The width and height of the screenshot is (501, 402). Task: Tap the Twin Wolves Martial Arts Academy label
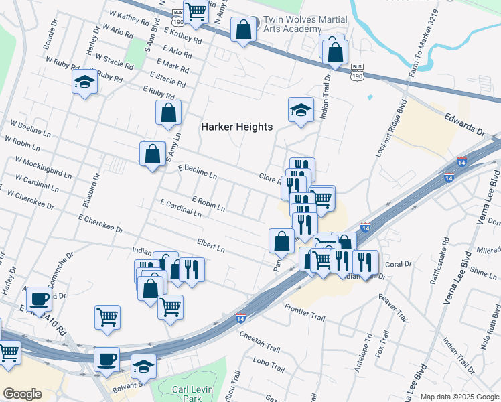[289, 25]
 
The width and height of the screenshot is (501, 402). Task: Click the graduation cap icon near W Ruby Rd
[84, 82]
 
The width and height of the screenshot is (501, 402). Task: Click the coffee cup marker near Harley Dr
[40, 298]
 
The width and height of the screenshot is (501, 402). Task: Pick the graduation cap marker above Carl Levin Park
[144, 366]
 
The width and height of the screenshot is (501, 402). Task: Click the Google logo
[22, 394]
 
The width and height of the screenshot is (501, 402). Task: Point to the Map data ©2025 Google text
[459, 397]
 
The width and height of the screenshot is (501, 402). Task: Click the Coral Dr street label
[398, 264]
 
